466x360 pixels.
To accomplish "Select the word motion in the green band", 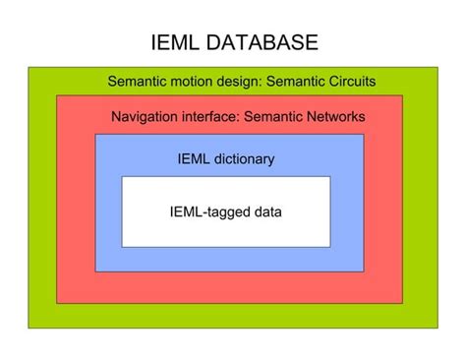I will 201,82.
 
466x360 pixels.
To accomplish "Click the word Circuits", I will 348,82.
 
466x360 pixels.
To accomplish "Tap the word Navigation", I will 146,117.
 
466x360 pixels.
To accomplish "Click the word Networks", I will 335,117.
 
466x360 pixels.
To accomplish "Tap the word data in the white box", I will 265,211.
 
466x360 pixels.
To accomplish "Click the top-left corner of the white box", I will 122,177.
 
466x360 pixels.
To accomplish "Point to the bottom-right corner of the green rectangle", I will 437,328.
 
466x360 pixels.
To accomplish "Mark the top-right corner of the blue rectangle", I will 364,135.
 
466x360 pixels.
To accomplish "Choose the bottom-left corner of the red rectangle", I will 57,303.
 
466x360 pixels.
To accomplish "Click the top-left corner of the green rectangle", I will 29,67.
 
